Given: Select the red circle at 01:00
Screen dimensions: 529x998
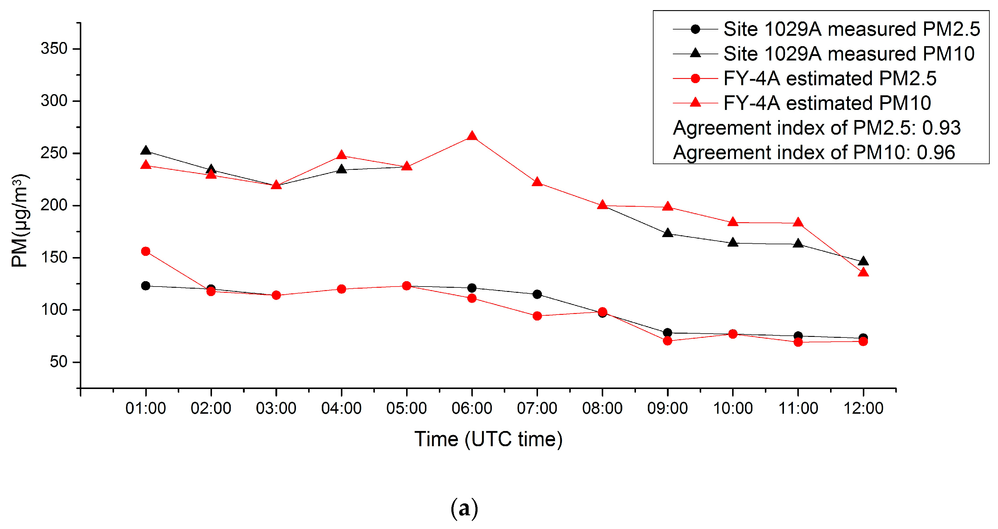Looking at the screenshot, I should point(146,251).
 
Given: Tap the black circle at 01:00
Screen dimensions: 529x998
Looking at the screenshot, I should point(146,286).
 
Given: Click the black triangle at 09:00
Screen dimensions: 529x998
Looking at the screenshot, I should point(667,233).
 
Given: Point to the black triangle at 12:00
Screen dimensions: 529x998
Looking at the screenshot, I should point(863,262).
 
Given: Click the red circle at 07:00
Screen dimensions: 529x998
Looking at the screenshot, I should point(537,316).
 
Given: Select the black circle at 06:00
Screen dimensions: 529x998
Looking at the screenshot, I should point(472,288).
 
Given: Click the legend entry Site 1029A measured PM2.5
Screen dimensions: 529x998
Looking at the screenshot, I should point(851,29).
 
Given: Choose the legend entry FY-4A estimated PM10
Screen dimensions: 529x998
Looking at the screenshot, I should point(827,103).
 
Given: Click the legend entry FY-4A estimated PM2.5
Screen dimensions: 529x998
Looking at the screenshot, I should point(829,79).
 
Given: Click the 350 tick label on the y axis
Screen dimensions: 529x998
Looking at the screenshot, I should point(54,49).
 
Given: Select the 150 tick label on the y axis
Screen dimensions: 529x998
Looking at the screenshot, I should point(54,257).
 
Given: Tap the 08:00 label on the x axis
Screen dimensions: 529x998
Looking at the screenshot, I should point(602,408).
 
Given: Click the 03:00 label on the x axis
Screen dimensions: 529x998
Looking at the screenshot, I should point(276,408).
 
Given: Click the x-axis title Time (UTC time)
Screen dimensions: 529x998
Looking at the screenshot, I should point(488,439).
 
